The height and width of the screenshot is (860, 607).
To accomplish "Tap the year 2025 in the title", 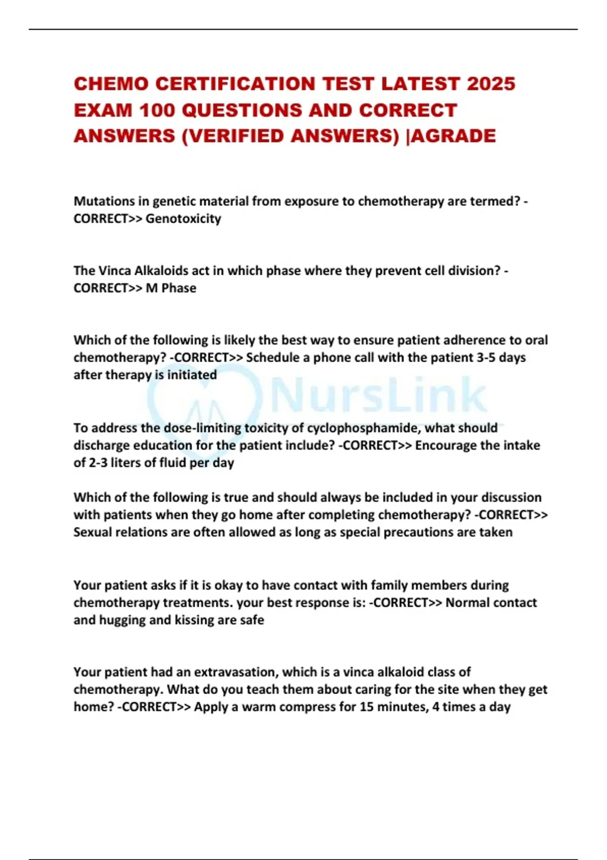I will [x=491, y=84].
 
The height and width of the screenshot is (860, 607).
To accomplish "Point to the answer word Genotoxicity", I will [x=183, y=219].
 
